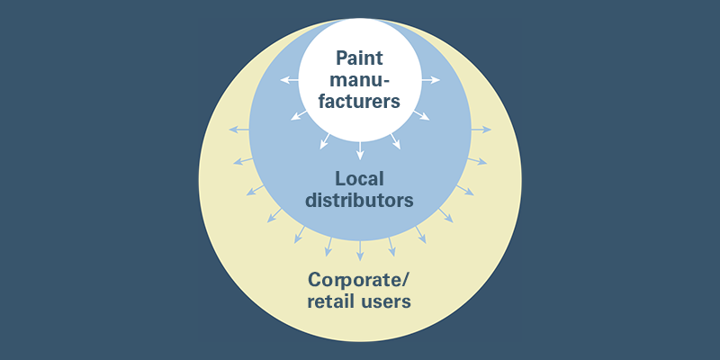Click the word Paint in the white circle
pyautogui.click(x=360, y=58)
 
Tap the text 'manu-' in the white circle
pyautogui.click(x=360, y=80)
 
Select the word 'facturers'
pyautogui.click(x=360, y=102)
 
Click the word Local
pyautogui.click(x=360, y=178)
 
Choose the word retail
pyautogui.click(x=332, y=301)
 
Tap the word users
pyautogui.click(x=388, y=301)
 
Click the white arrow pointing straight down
pyautogui.click(x=360, y=152)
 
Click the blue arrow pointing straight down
pyautogui.click(x=360, y=250)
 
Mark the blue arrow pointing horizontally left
pyautogui.click(x=239, y=130)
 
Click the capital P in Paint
pyautogui.click(x=343, y=58)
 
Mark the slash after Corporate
pyautogui.click(x=407, y=279)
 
